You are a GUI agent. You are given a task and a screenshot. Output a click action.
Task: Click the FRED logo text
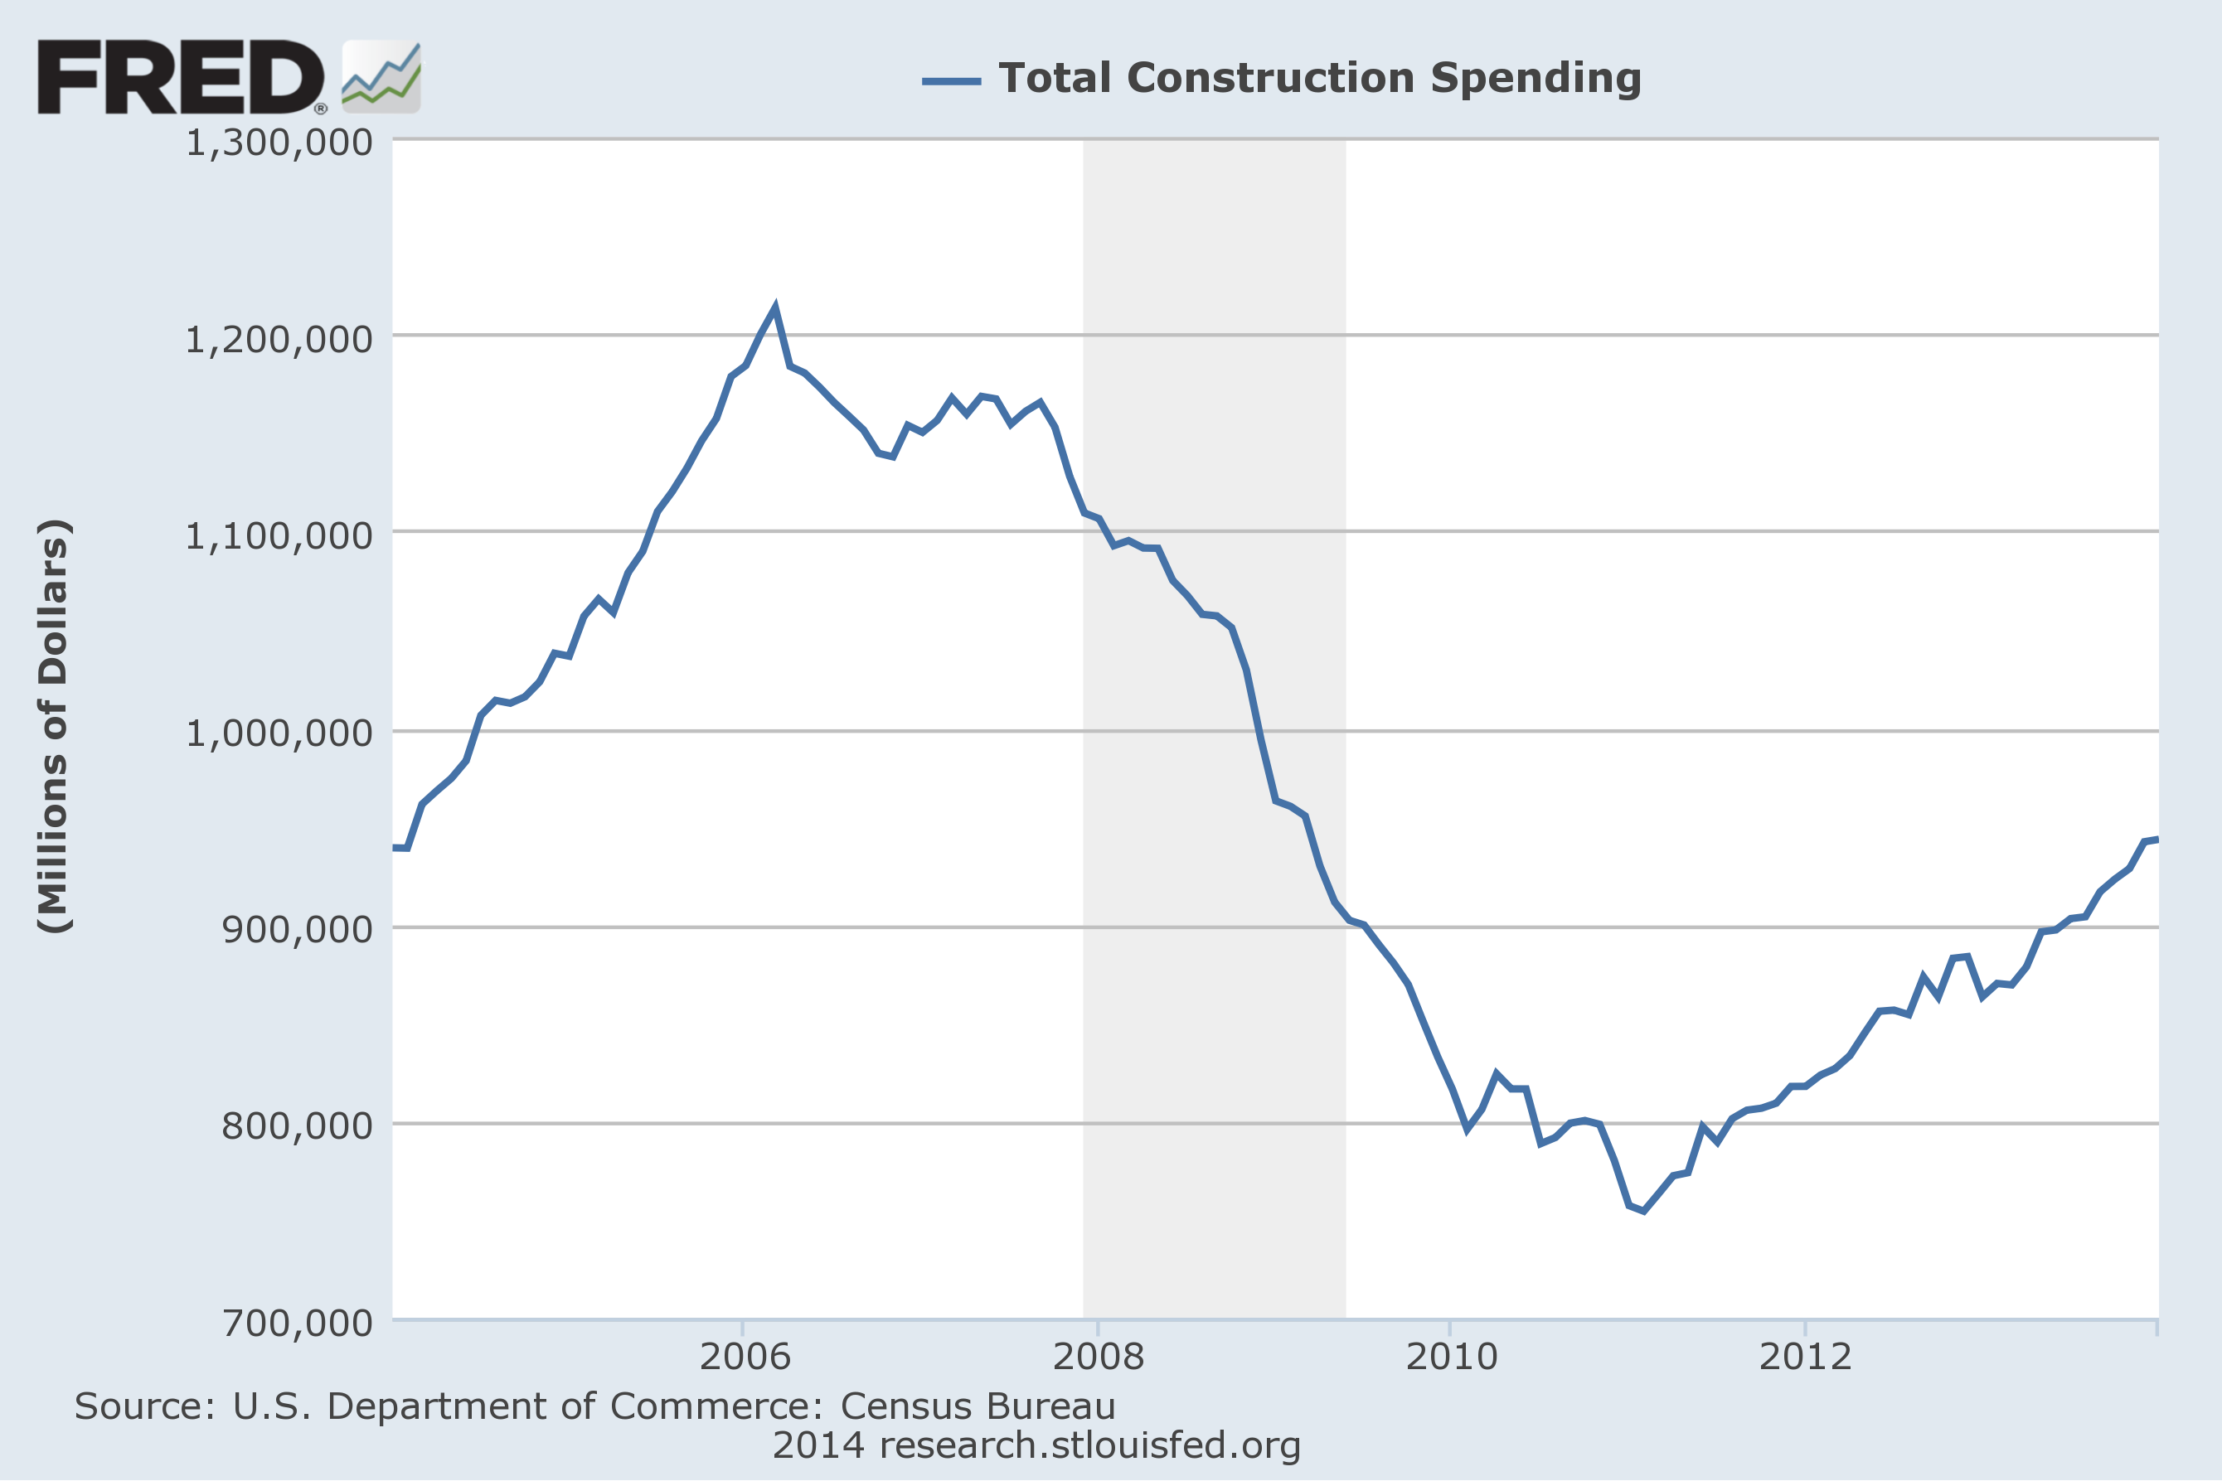click(179, 77)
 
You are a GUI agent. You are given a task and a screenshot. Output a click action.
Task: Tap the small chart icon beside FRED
click(381, 77)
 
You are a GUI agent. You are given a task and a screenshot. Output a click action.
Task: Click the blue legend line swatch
click(950, 81)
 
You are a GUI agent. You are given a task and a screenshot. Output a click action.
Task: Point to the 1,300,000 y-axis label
click(279, 143)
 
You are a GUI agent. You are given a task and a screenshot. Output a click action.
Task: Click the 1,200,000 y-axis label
click(279, 339)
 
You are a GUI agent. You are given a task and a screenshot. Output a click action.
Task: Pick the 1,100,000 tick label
click(279, 535)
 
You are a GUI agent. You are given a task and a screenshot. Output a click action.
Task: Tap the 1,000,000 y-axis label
click(279, 732)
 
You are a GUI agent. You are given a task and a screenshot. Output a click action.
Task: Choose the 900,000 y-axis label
click(297, 928)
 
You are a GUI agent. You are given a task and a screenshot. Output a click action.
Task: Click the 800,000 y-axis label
click(297, 1125)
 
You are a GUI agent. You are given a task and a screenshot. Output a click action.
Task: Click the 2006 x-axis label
click(745, 1357)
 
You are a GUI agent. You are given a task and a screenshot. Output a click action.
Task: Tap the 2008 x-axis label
click(1098, 1357)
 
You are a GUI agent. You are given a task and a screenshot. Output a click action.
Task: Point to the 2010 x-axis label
click(1451, 1357)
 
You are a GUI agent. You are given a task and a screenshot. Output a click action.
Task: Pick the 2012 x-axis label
click(1804, 1357)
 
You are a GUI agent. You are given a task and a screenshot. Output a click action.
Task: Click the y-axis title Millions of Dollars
click(54, 726)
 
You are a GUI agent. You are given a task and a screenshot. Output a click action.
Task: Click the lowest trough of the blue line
click(1644, 1210)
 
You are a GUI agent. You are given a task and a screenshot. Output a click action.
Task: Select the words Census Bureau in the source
click(978, 1406)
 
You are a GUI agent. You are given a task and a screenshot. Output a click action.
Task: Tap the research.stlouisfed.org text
click(1089, 1445)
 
